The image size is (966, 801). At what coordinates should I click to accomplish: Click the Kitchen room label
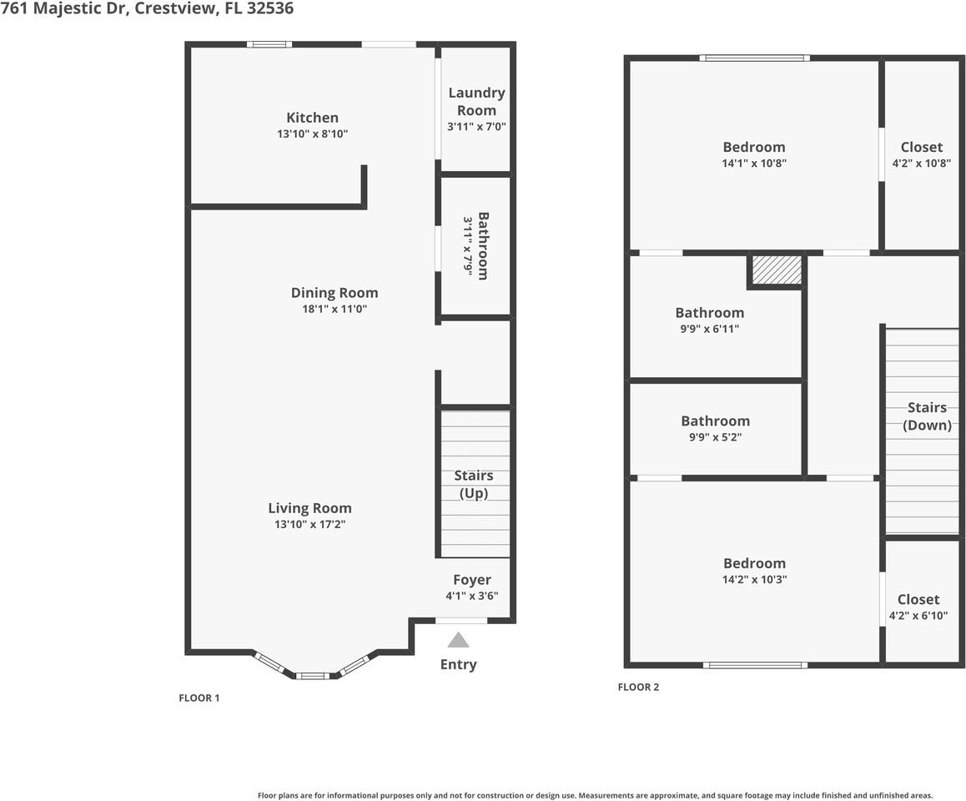pos(312,118)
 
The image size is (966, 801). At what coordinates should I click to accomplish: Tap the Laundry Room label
pos(476,101)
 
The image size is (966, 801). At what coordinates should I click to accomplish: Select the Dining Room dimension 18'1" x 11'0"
pos(334,309)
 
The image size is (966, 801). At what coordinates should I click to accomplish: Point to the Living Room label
pos(309,507)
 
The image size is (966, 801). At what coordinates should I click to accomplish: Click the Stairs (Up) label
pos(473,484)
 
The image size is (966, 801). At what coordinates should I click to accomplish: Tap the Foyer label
pos(471,580)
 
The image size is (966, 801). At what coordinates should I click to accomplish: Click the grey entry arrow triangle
pos(458,640)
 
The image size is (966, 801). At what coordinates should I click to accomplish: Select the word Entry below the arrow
pos(458,664)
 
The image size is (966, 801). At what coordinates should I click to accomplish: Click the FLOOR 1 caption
pos(199,698)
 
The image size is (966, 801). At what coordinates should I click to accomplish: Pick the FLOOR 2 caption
pos(638,688)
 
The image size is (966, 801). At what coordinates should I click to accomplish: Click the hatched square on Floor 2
pos(777,270)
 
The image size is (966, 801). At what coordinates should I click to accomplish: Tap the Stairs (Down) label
pos(927,416)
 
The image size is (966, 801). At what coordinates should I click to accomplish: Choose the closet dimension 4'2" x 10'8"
pos(921,164)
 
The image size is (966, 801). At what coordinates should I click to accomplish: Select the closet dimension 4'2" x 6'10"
pos(918,616)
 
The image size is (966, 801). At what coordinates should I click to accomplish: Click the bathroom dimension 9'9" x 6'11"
pos(709,329)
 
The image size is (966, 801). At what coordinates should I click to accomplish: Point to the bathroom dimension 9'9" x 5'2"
pos(715,436)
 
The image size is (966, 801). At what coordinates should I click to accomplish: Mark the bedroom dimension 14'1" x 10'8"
pos(754,164)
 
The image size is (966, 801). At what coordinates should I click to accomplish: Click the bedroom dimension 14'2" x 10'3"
pos(754,579)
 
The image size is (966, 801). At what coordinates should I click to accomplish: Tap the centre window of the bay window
pos(311,675)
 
